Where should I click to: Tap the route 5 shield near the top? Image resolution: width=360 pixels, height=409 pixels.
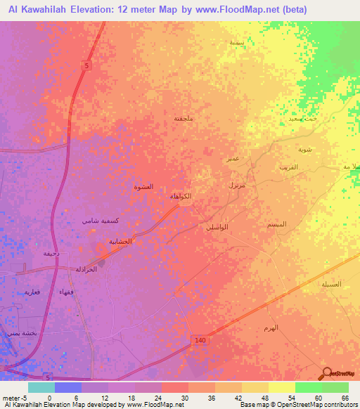pyautogui.click(x=86, y=65)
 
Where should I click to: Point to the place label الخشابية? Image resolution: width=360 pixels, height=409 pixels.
pyautogui.click(x=120, y=241)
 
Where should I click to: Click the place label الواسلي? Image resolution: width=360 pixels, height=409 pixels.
pyautogui.click(x=217, y=228)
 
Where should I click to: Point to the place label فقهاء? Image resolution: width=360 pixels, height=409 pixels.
pyautogui.click(x=67, y=291)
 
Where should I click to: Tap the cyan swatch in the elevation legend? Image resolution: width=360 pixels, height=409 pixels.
pyautogui.click(x=41, y=387)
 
